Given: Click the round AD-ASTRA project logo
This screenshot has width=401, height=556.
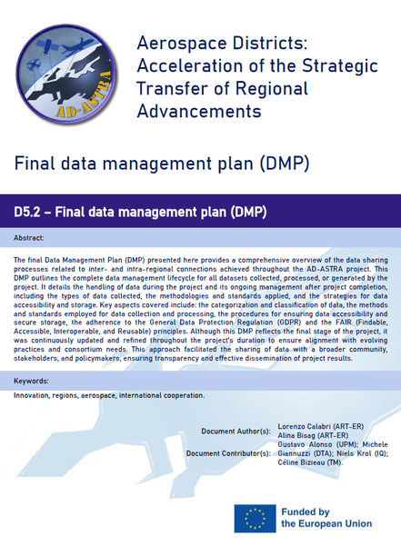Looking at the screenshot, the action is coord(66,74).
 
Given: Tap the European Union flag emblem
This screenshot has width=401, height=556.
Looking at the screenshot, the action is coord(255,519).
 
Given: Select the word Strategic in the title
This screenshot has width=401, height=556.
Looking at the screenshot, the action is coord(340,66).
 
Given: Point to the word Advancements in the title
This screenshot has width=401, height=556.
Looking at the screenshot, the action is coord(199,112).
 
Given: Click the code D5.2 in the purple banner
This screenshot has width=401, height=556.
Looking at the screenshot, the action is coord(27,212).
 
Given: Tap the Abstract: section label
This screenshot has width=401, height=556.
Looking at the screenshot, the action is coord(29,238).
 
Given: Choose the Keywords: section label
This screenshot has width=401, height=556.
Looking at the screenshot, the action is coord(31,382).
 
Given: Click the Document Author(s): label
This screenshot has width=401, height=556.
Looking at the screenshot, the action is coord(236,432).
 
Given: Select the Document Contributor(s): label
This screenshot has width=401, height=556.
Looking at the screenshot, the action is coord(228,453).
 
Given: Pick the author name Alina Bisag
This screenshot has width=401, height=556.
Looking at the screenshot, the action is coord(296,435).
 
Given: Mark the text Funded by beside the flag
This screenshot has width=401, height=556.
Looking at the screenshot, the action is coord(306,512).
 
